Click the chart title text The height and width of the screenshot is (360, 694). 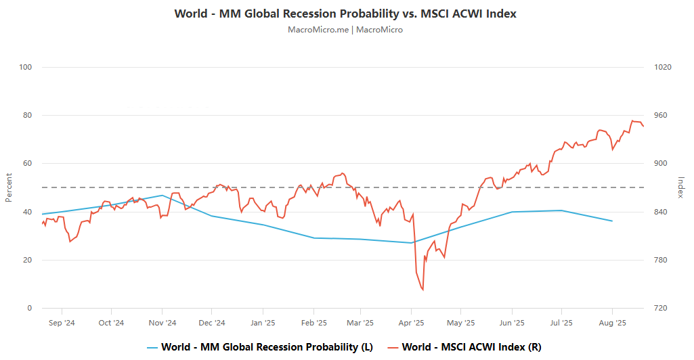pos(346,14)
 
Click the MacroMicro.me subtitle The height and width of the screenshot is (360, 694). pos(345,30)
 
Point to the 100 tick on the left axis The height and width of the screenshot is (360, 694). pos(26,67)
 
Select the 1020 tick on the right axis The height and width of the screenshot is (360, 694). pos(662,67)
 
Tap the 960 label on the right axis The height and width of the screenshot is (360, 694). pos(659,115)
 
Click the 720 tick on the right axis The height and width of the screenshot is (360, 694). pos(659,308)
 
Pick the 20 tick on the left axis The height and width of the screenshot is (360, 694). pos(28,260)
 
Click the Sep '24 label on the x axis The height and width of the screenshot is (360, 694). pos(62,323)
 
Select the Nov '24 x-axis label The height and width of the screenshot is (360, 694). pos(162,323)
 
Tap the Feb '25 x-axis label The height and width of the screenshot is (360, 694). pos(313,323)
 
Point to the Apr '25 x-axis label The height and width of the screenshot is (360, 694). pos(412,323)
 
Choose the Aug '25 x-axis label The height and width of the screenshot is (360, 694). pos(612,323)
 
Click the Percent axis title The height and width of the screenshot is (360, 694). pos(9,187)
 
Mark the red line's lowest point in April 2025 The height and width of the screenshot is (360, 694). pos(422,290)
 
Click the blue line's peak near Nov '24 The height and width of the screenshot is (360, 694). pos(162,196)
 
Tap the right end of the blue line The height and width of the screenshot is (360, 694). pos(612,221)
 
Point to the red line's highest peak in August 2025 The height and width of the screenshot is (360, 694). pos(632,121)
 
